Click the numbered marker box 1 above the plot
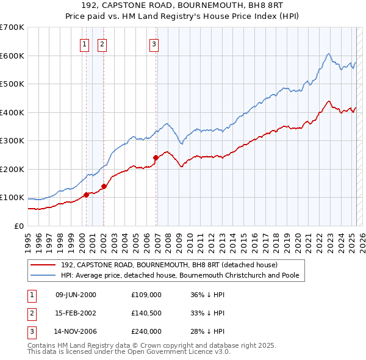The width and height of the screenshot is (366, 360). pos(84,43)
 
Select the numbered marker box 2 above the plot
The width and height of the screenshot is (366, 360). pos(102,43)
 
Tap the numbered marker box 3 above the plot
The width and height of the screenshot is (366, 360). pos(154,43)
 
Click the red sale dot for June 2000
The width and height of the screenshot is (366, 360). pos(86,195)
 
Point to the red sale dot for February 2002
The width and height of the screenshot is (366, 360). pos(104,186)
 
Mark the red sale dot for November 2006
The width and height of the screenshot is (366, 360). pos(156,157)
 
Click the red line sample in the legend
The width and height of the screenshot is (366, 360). pos(43,265)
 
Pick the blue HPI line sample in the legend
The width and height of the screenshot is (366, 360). pos(43,275)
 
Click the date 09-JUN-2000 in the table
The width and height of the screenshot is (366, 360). pos(76,295)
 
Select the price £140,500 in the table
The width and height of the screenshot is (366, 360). pos(146,313)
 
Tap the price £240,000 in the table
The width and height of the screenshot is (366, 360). pos(146,331)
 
